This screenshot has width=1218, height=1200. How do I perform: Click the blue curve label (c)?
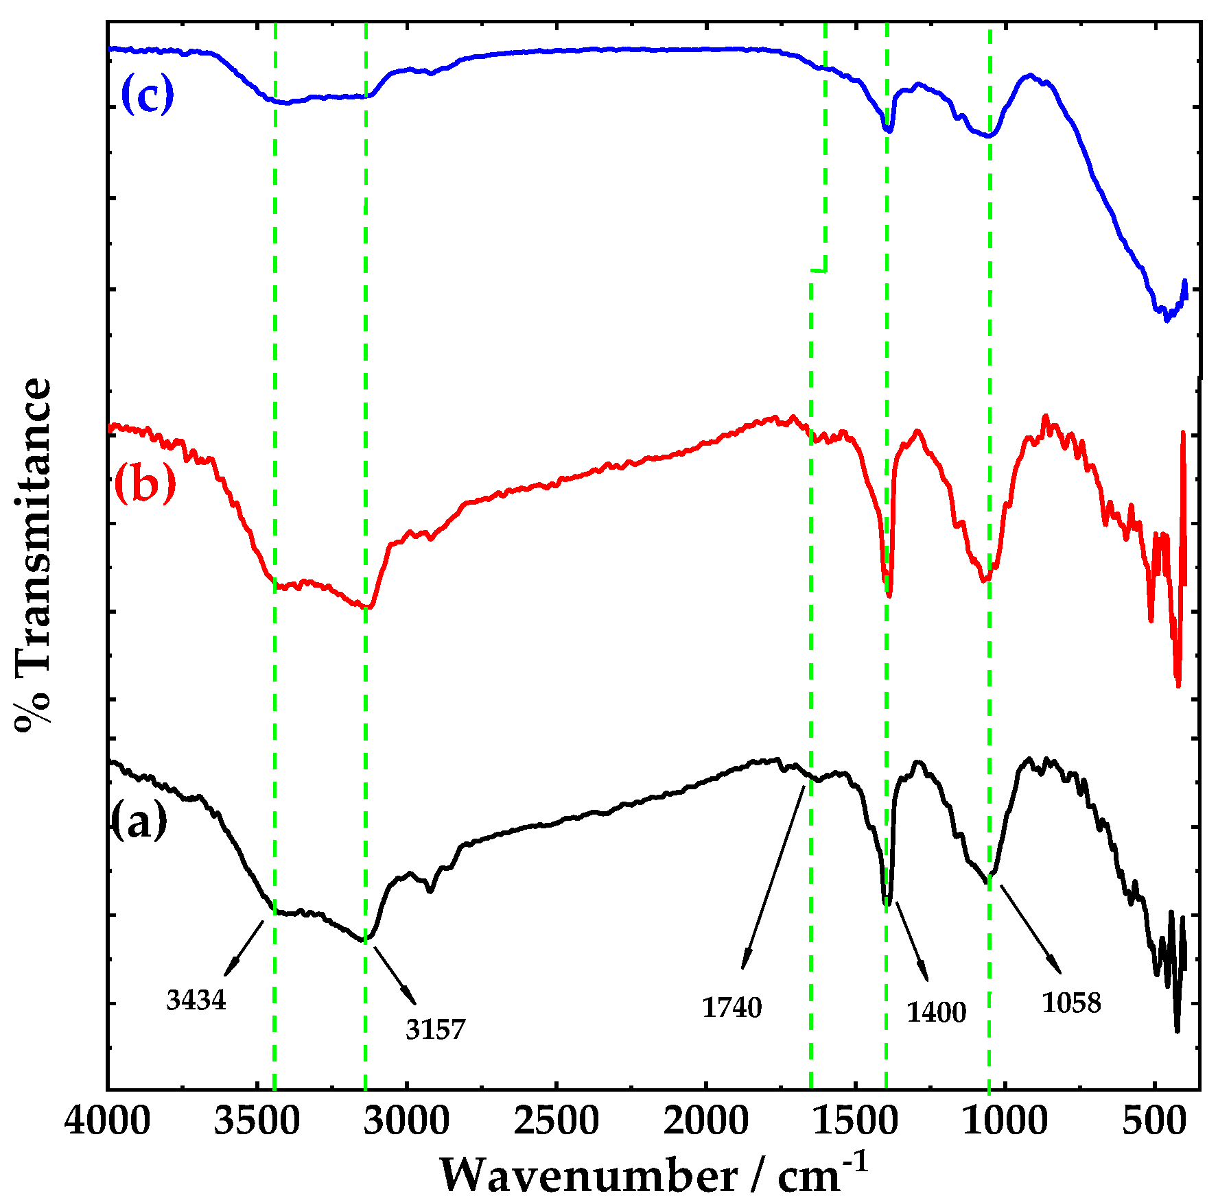pos(147,95)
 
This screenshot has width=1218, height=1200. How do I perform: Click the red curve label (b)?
pos(145,483)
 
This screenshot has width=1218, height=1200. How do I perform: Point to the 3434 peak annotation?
pos(196,1000)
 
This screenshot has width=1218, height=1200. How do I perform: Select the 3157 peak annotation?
pos(435,1029)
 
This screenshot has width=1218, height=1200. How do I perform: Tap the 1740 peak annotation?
pos(731,1007)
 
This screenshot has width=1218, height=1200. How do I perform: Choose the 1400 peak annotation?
pos(936,1012)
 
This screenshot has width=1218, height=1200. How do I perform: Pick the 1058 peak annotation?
pos(1071,1003)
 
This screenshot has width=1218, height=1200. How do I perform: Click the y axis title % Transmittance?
pos(33,555)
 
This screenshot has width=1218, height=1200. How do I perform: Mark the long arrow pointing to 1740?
pos(774,878)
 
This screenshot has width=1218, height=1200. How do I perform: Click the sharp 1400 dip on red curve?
pos(889,594)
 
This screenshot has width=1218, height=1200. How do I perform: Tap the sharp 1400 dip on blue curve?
pos(888,129)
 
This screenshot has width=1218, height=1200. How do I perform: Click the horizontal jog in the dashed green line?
pos(818,271)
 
